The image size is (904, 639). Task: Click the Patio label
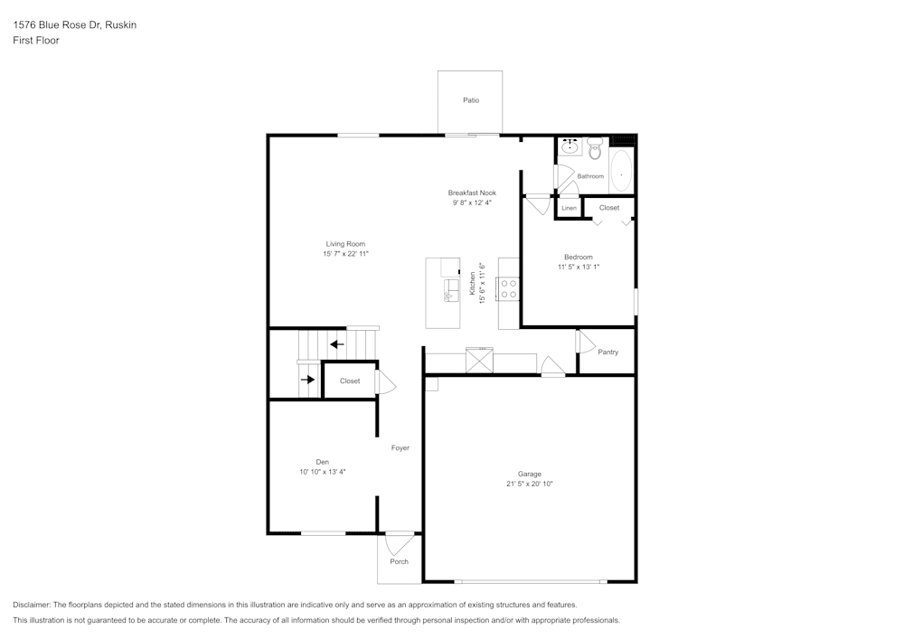(471, 100)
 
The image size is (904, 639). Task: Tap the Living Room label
(345, 244)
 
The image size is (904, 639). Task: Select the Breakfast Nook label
(472, 193)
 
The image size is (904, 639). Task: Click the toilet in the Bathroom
(594, 148)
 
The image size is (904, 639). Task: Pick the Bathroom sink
(570, 147)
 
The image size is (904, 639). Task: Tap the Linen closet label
(569, 209)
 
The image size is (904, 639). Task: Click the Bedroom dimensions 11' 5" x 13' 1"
(579, 267)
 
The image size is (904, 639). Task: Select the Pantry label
(608, 352)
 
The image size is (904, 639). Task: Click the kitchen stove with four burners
(509, 288)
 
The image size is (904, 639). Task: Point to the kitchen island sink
(451, 289)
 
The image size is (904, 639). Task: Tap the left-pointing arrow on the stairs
(336, 343)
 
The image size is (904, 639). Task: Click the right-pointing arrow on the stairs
(308, 381)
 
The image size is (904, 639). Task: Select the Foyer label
(400, 448)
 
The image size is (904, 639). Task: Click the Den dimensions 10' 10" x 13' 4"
(323, 472)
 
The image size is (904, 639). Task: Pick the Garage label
(530, 474)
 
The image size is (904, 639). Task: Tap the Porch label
(399, 561)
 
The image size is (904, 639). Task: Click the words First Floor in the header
(36, 41)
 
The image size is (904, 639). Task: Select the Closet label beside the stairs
(350, 381)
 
